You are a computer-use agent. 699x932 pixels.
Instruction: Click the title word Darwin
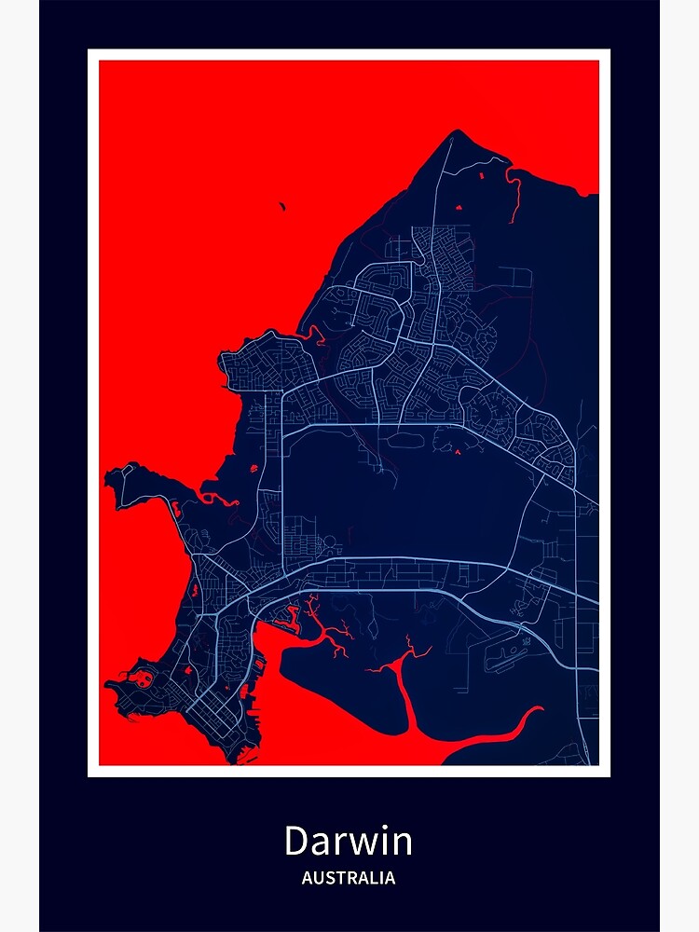pos(348,842)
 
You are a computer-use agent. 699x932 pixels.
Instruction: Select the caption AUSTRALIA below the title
pos(348,878)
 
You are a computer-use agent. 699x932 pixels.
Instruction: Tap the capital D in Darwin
pos(297,842)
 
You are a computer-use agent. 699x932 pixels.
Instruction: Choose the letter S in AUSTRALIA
pos(328,878)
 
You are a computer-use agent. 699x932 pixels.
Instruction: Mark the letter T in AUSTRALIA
pos(338,878)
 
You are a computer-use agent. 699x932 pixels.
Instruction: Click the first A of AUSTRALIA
pos(307,878)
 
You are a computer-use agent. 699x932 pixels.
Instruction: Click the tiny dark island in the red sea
pos(282,207)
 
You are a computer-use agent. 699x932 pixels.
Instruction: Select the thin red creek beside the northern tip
pos(514,196)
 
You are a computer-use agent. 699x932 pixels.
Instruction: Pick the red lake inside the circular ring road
pos(458,453)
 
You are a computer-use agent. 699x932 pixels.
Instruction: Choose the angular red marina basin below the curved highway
pos(287,614)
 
